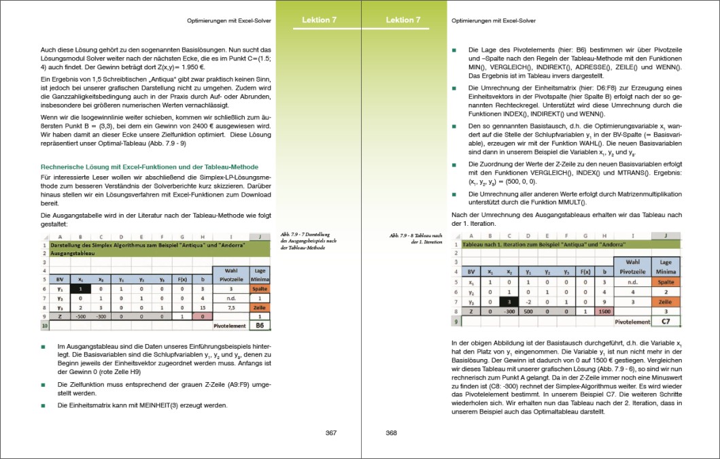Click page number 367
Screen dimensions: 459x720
click(331, 433)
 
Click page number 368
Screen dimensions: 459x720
click(392, 433)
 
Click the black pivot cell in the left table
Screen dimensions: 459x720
click(81, 288)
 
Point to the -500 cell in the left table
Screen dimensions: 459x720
click(81, 316)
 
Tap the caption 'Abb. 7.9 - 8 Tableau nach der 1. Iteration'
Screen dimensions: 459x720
click(415, 238)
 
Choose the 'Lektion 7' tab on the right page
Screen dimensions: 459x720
click(404, 20)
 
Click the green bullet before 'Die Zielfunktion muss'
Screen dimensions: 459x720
click(44, 384)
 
